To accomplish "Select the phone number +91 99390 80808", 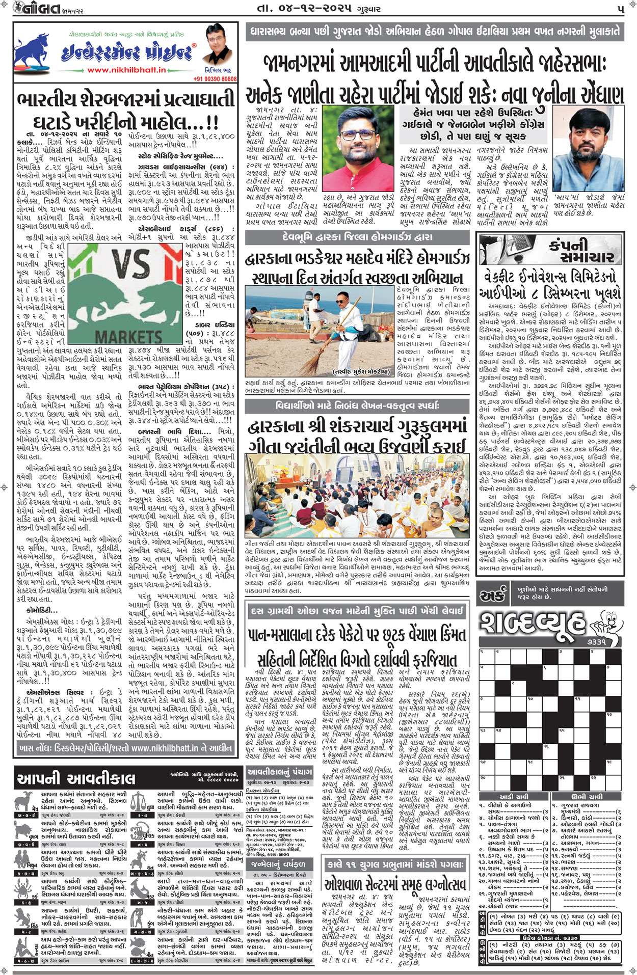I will (x=215, y=79).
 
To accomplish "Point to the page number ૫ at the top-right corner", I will (x=620, y=9).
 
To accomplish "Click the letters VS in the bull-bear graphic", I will (x=130, y=263).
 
